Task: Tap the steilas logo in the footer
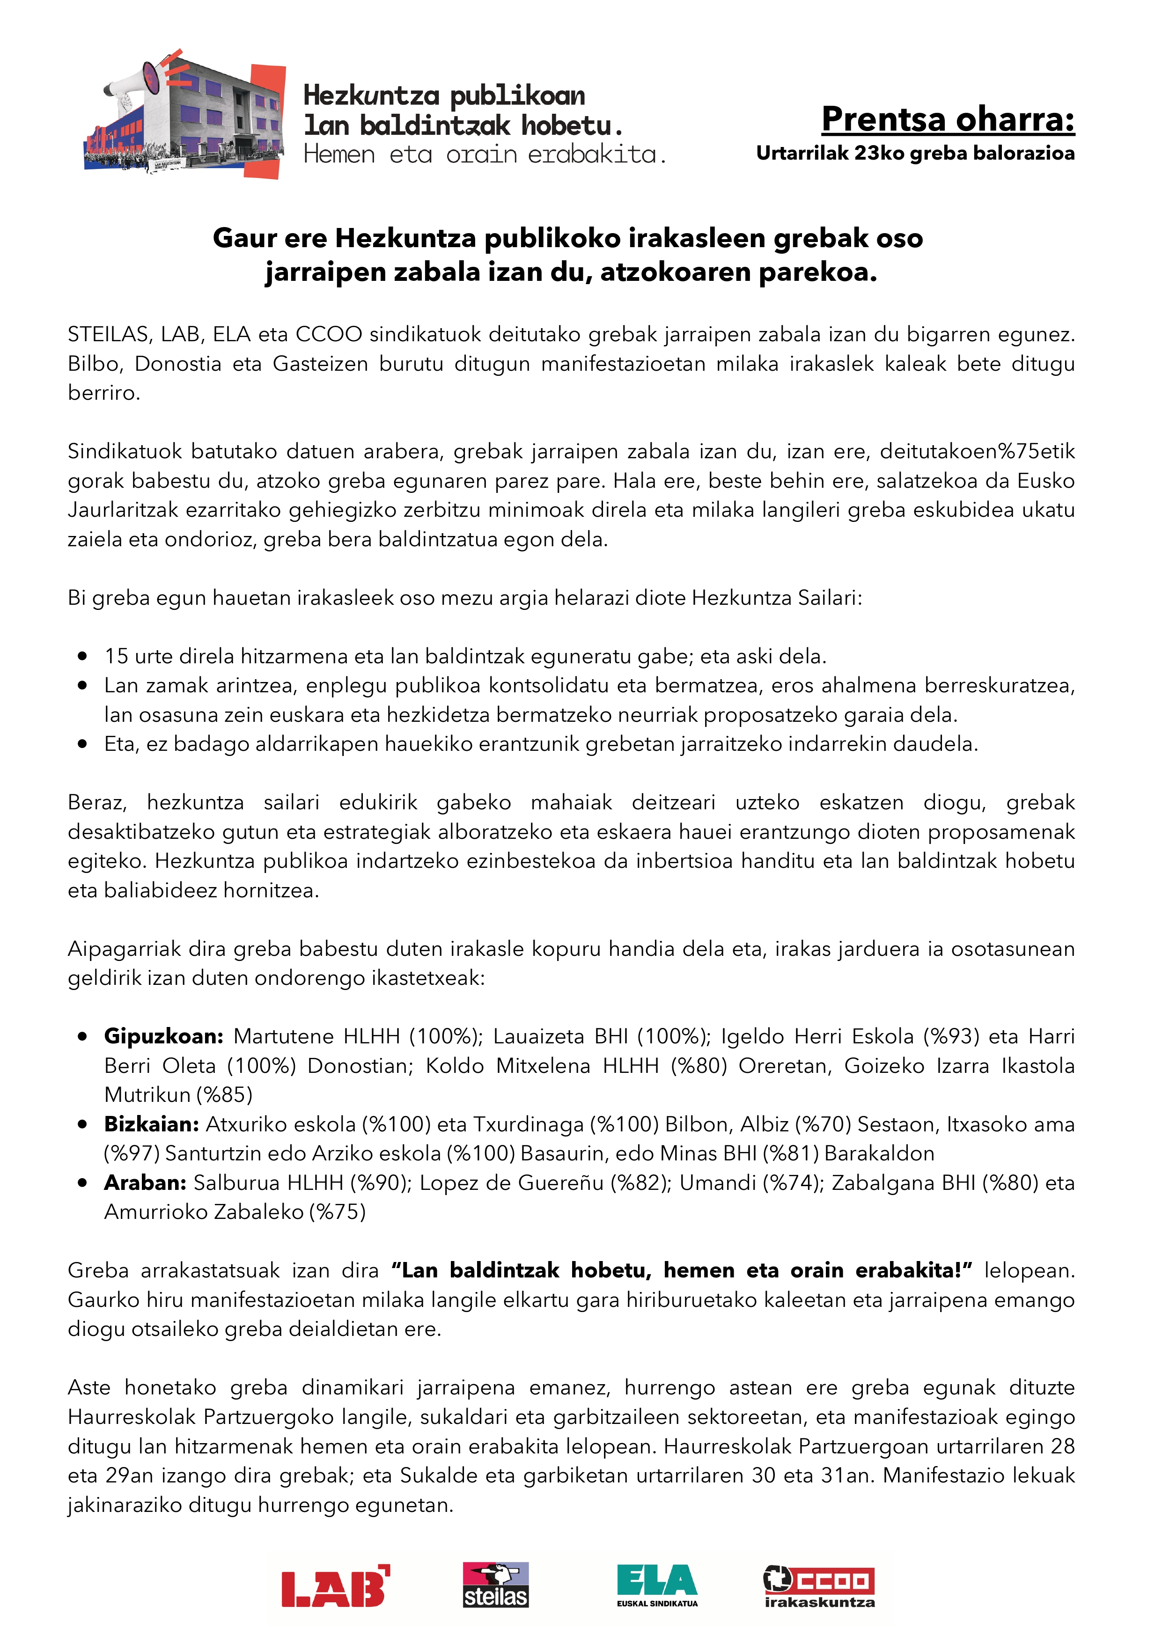point(495,1584)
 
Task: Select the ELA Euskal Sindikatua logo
point(657,1584)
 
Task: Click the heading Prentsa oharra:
point(948,119)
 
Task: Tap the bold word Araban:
point(145,1183)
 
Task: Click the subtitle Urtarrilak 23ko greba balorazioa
point(915,153)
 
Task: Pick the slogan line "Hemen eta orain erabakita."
point(485,154)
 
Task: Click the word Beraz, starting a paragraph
point(97,802)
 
